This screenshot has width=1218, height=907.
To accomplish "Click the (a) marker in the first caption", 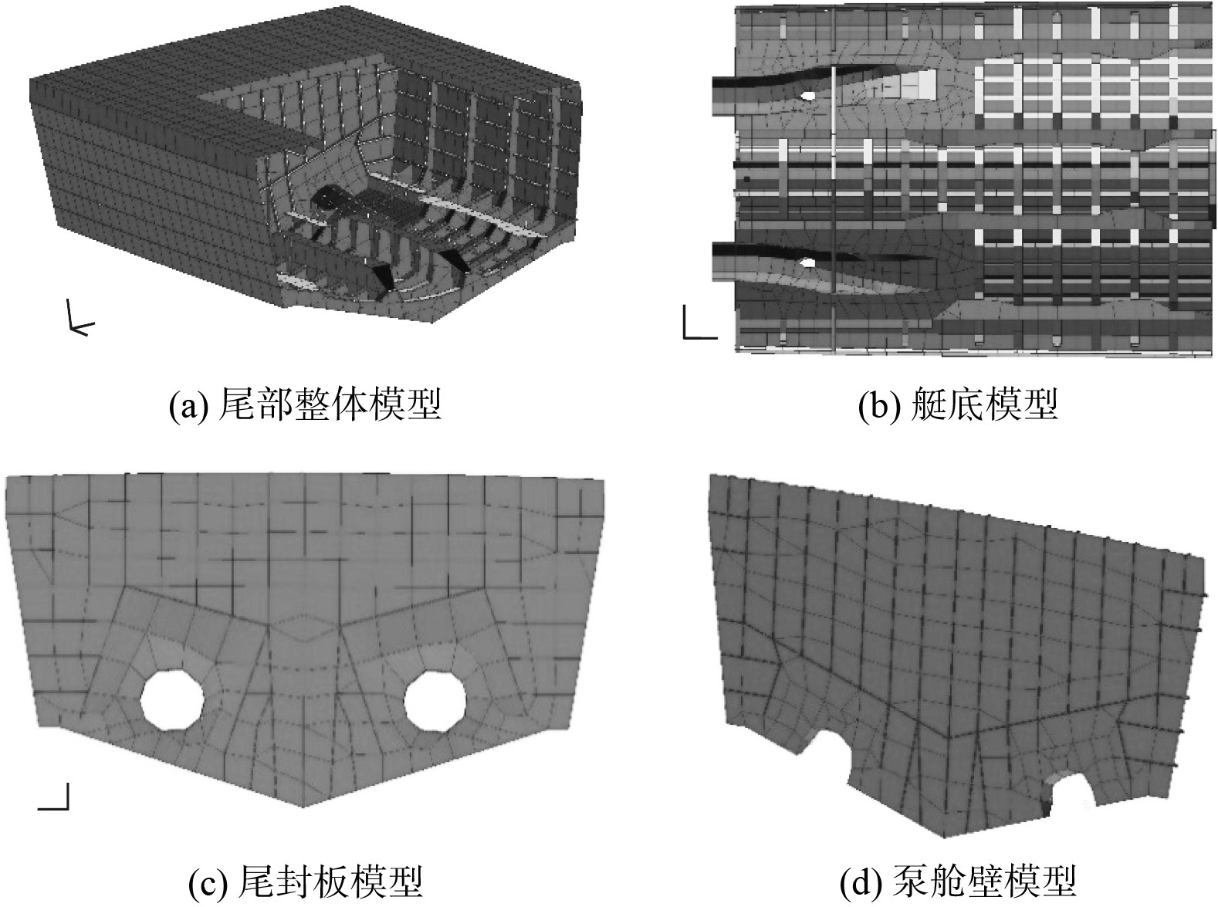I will (x=188, y=404).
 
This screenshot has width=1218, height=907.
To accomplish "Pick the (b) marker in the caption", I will (x=878, y=404).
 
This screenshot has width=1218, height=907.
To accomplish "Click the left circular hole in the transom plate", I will (x=172, y=699).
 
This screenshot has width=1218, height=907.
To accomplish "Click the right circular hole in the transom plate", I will (x=436, y=699).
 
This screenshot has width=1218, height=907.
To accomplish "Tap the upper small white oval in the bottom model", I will (x=808, y=96).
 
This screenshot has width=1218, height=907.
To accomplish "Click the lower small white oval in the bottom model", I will (x=808, y=262).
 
